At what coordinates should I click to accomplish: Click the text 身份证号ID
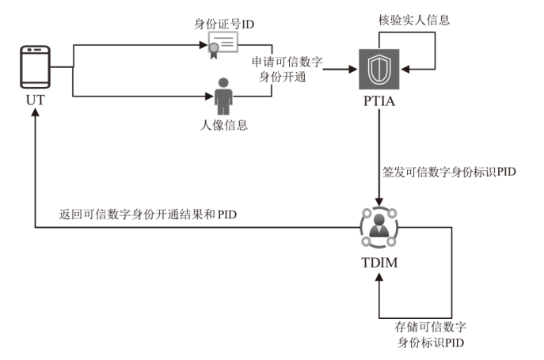point(224,24)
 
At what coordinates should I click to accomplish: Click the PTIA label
point(380,103)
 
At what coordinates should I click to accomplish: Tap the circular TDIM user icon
point(380,225)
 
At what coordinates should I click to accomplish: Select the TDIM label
point(380,262)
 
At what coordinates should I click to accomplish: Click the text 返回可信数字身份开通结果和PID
point(149,214)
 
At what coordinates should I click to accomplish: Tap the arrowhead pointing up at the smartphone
point(35,114)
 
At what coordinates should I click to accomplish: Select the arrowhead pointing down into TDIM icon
point(380,202)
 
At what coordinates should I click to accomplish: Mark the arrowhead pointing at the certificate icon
point(202,45)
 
